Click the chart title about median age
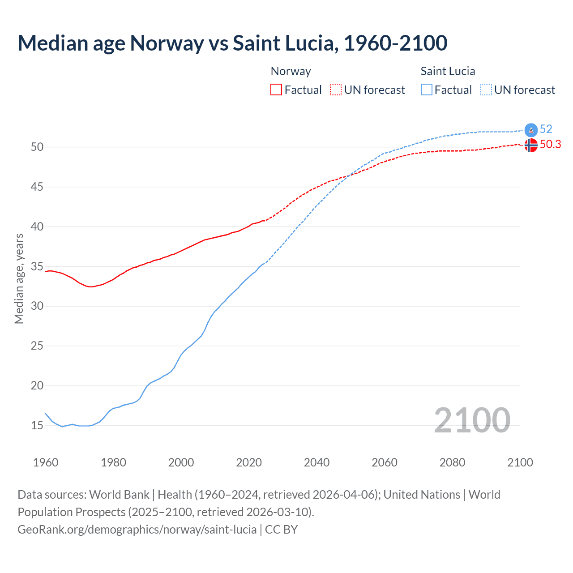click(232, 43)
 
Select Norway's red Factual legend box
click(276, 90)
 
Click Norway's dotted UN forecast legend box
click(336, 90)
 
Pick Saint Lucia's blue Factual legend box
click(427, 90)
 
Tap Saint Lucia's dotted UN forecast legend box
click(486, 90)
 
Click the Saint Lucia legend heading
click(448, 71)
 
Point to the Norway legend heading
click(291, 71)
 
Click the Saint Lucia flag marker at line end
click(531, 130)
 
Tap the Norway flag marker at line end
click(531, 145)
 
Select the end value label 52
click(546, 129)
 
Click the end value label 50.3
click(550, 144)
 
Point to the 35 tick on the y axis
click(37, 267)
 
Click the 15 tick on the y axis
click(37, 425)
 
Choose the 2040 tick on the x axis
click(316, 462)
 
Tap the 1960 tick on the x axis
click(46, 462)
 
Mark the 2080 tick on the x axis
click(452, 462)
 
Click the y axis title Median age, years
click(19, 278)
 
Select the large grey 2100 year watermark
click(472, 420)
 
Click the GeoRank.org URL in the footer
click(137, 530)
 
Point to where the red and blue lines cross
click(348, 175)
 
